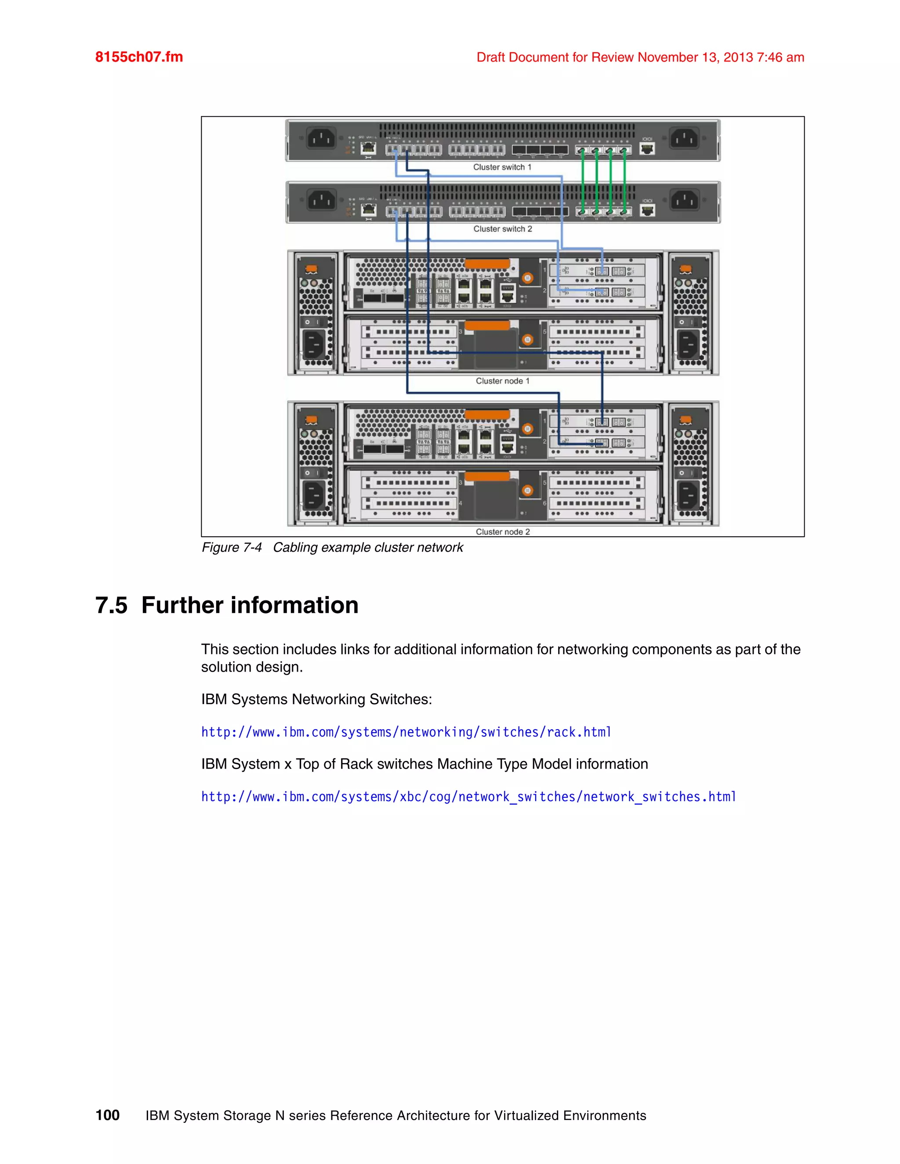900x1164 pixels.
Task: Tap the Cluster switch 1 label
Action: [x=502, y=167]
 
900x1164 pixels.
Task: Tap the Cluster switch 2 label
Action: [x=502, y=229]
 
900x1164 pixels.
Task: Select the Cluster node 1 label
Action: [x=502, y=381]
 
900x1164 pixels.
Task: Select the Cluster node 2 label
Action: [x=502, y=532]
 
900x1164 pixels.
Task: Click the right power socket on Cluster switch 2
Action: [x=685, y=201]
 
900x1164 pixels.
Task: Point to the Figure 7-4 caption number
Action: [x=232, y=548]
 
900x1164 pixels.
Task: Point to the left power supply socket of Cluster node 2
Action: [x=313, y=495]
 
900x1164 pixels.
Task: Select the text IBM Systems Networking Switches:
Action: [x=316, y=699]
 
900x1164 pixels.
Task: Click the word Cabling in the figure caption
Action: [x=295, y=548]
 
